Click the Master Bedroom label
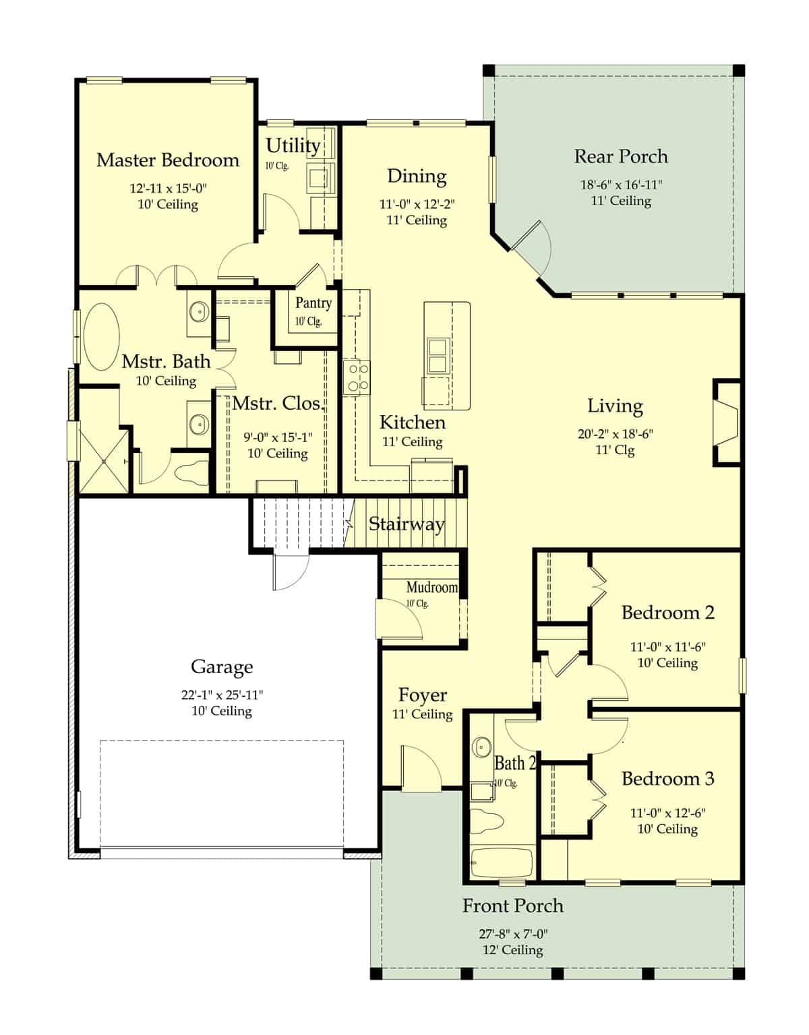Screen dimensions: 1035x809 168,160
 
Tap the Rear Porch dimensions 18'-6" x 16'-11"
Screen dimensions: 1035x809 621,185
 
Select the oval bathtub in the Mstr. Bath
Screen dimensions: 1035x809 101,336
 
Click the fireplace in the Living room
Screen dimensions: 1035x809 725,422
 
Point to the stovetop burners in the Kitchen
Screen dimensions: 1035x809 356,377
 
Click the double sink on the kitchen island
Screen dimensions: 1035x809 438,355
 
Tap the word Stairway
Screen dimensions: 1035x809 406,524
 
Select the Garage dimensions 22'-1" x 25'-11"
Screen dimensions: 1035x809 222,695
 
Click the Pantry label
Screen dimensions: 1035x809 313,303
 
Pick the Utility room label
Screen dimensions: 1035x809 293,146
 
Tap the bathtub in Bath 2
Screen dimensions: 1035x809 501,862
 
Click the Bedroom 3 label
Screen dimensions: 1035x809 667,779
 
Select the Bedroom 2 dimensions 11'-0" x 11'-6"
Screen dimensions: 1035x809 667,647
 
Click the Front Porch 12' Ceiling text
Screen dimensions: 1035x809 512,950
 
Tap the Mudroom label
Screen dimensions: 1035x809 431,588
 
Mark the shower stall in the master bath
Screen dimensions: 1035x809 103,461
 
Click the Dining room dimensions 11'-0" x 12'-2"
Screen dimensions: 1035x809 416,204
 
